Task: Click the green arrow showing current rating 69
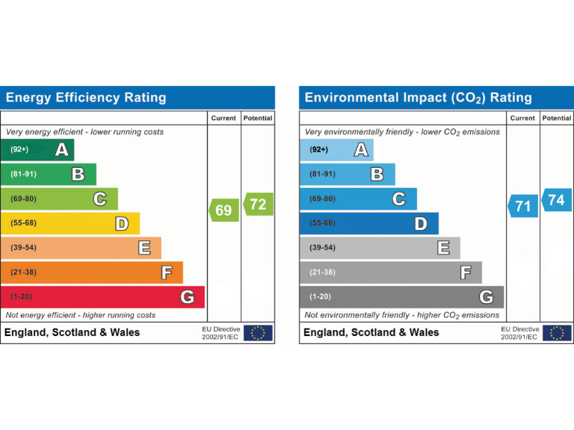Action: [224, 211]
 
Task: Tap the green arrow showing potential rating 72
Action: [258, 205]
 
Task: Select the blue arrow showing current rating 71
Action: [523, 206]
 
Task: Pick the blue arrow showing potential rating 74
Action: [556, 200]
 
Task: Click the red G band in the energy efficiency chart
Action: [102, 297]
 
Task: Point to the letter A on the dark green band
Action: [62, 150]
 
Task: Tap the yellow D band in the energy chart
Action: [70, 223]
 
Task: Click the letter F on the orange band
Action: [167, 272]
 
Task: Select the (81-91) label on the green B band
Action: [24, 175]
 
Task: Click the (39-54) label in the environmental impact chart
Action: [323, 248]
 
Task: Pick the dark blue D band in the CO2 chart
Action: [368, 223]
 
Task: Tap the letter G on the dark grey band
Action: [487, 297]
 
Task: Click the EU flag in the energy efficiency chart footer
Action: [259, 333]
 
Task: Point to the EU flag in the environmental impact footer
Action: [558, 333]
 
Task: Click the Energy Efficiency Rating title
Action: [86, 98]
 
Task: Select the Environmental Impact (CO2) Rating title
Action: [419, 98]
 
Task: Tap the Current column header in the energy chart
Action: [223, 118]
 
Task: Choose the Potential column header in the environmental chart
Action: [556, 118]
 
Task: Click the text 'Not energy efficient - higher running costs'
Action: [81, 315]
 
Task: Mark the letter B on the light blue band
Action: [377, 175]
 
